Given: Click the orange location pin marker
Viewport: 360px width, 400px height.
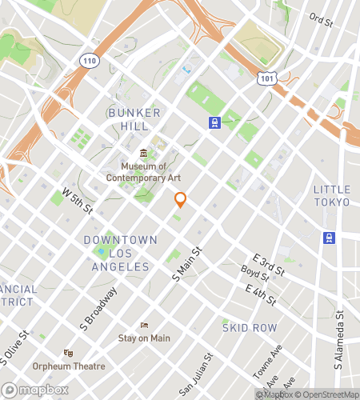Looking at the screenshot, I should (181, 200).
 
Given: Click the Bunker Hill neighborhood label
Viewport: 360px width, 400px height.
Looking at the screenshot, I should (134, 120).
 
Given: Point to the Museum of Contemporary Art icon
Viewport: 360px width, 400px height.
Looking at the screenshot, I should (143, 153).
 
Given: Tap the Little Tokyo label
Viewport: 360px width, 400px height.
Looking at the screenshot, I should (331, 195).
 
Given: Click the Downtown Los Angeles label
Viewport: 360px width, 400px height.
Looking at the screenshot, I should (121, 253).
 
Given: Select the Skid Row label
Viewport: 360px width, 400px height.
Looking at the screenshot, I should (250, 327).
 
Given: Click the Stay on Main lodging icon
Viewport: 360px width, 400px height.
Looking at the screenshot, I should (144, 325).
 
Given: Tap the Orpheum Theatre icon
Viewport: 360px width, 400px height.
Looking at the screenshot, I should (69, 353).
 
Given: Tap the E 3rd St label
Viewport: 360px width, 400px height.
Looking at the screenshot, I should (268, 266).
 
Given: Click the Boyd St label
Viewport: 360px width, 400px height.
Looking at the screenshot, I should (254, 278).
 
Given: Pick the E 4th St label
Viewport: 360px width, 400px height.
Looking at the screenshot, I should (261, 295).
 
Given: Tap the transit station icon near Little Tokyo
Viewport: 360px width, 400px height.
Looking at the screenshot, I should (328, 238).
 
